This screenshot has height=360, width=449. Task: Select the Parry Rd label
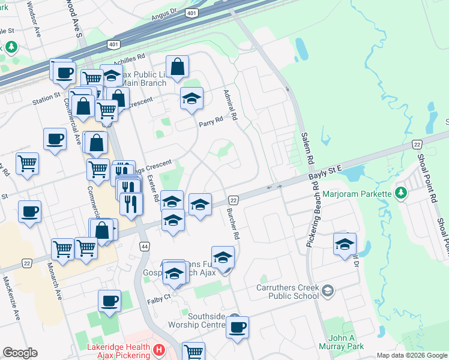click(x=211, y=120)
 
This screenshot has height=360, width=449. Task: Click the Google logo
click(x=20, y=353)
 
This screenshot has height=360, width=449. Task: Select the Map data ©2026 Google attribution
click(x=412, y=355)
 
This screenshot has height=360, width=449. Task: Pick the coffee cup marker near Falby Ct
click(x=109, y=301)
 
